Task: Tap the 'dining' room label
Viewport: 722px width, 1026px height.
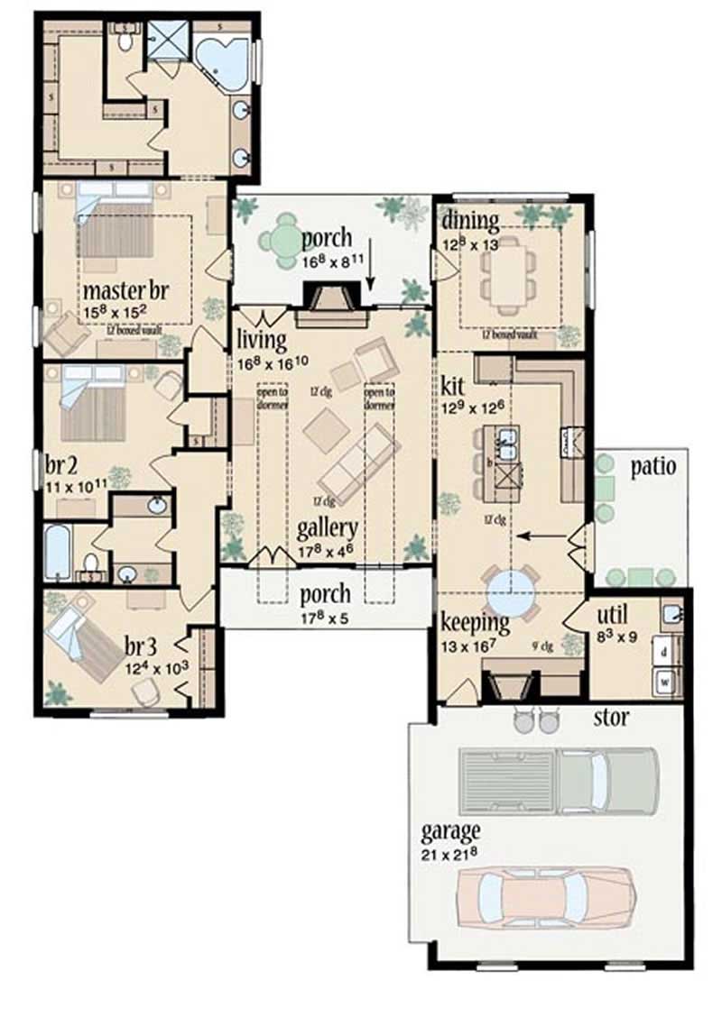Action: [471, 221]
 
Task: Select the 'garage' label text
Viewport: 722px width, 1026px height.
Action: [450, 830]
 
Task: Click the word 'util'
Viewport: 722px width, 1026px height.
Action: [613, 615]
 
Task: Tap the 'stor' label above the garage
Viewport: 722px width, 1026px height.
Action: [611, 719]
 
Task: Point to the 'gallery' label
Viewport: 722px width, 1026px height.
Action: [327, 528]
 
